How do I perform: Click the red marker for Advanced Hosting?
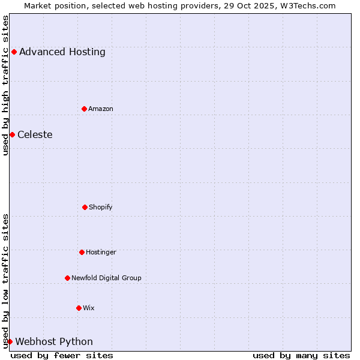tap(14, 52)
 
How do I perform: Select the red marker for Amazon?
tap(85, 109)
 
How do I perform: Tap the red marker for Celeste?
tap(12, 134)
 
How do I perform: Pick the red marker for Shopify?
tap(85, 207)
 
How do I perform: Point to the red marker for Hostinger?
tap(82, 252)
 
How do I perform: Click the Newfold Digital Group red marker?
tap(67, 278)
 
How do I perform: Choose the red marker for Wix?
tap(79, 308)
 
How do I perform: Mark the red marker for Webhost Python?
tap(10, 341)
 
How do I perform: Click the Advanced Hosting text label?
tap(62, 52)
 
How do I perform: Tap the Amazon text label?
tap(101, 109)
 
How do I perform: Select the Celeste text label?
tap(35, 134)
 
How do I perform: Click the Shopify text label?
tap(101, 207)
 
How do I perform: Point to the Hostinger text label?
tap(101, 252)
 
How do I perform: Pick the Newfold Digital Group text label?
tap(106, 278)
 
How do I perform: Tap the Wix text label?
tap(89, 308)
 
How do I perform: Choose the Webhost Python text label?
tap(54, 341)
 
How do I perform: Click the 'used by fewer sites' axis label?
tap(62, 355)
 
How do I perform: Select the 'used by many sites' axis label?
tap(301, 355)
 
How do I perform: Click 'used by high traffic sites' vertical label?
tap(5, 85)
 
